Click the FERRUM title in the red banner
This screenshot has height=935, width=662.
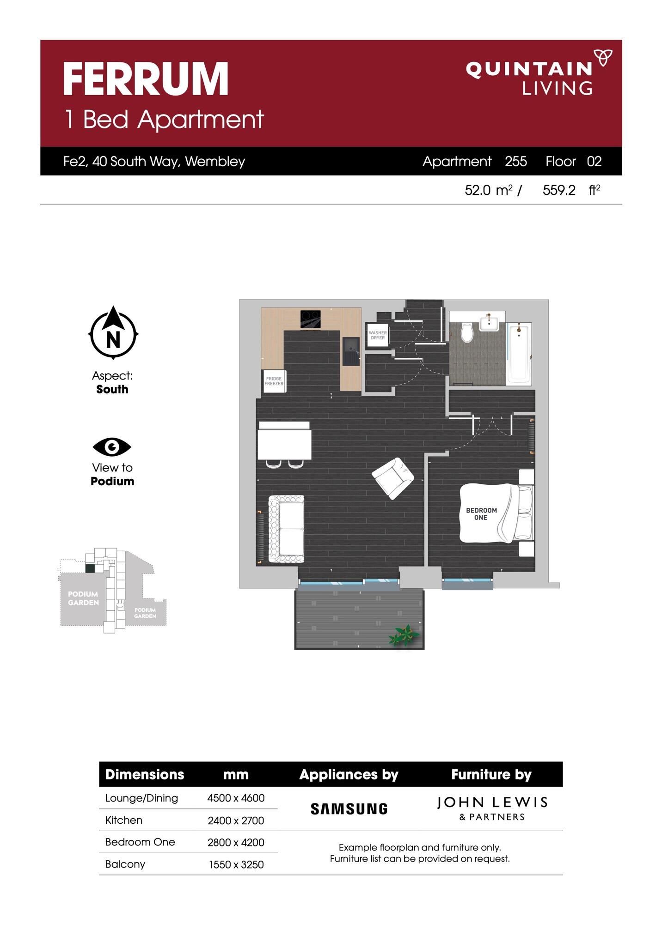(x=146, y=79)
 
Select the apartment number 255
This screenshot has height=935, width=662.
(x=515, y=161)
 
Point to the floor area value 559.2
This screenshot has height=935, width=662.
(x=559, y=190)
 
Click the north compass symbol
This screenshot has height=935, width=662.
(x=113, y=332)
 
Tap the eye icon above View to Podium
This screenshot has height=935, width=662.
(x=112, y=447)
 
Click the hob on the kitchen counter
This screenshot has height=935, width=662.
(x=311, y=319)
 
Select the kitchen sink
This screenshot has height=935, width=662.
(x=350, y=351)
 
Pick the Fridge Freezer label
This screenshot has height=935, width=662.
(x=274, y=381)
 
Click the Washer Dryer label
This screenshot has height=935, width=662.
(x=378, y=335)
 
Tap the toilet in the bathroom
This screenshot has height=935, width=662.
(x=467, y=332)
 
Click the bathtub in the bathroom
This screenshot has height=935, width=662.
(x=519, y=354)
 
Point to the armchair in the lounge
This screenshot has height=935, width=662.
(x=393, y=478)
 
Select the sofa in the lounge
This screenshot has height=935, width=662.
(x=286, y=529)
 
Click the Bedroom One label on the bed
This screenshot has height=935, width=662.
(x=481, y=514)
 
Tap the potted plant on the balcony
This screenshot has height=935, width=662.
(x=405, y=635)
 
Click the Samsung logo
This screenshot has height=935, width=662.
(x=349, y=809)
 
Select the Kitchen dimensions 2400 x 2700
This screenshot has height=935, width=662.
(x=236, y=820)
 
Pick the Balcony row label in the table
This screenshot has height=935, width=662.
(x=125, y=864)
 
